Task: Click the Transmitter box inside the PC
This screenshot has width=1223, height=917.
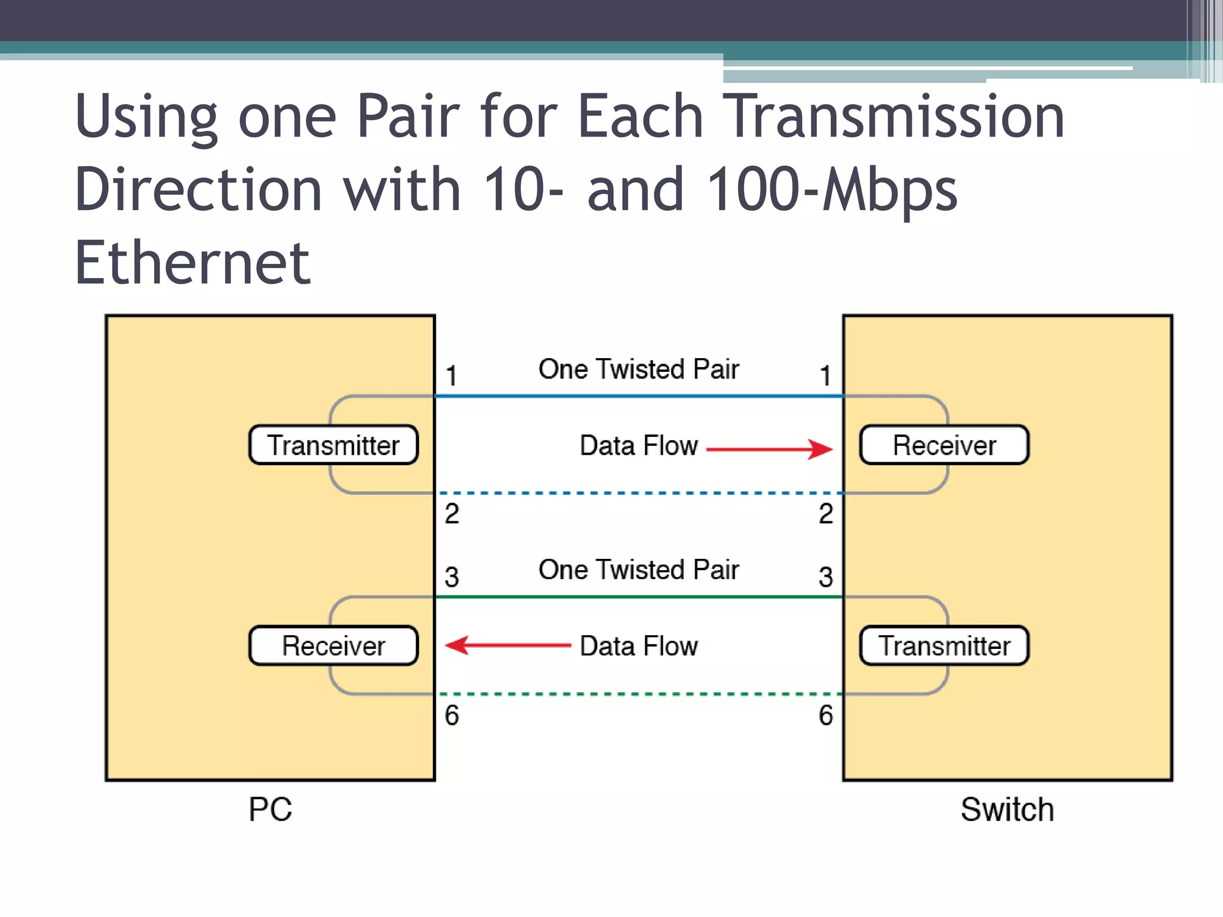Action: tap(333, 445)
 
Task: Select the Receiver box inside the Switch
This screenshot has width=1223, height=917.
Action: tap(944, 445)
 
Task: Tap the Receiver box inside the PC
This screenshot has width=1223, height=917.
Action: tap(333, 646)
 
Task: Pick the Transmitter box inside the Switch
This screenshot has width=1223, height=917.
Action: tap(944, 646)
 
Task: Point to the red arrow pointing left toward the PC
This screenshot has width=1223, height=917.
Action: tap(508, 645)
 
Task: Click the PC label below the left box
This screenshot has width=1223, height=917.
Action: tap(270, 810)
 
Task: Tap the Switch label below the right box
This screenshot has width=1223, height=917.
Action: tap(1007, 810)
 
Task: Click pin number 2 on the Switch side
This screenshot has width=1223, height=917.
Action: tap(826, 514)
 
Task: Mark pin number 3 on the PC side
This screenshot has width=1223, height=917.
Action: tap(451, 577)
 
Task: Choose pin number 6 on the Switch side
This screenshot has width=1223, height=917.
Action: tap(826, 715)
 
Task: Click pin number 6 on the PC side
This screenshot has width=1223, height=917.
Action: tap(451, 715)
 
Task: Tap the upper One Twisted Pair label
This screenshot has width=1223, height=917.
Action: tap(638, 369)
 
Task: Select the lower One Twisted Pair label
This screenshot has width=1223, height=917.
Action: tap(638, 570)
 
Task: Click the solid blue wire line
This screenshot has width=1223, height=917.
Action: tap(638, 396)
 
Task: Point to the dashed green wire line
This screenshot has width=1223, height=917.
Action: tap(638, 694)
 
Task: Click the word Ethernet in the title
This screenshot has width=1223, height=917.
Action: tap(192, 263)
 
